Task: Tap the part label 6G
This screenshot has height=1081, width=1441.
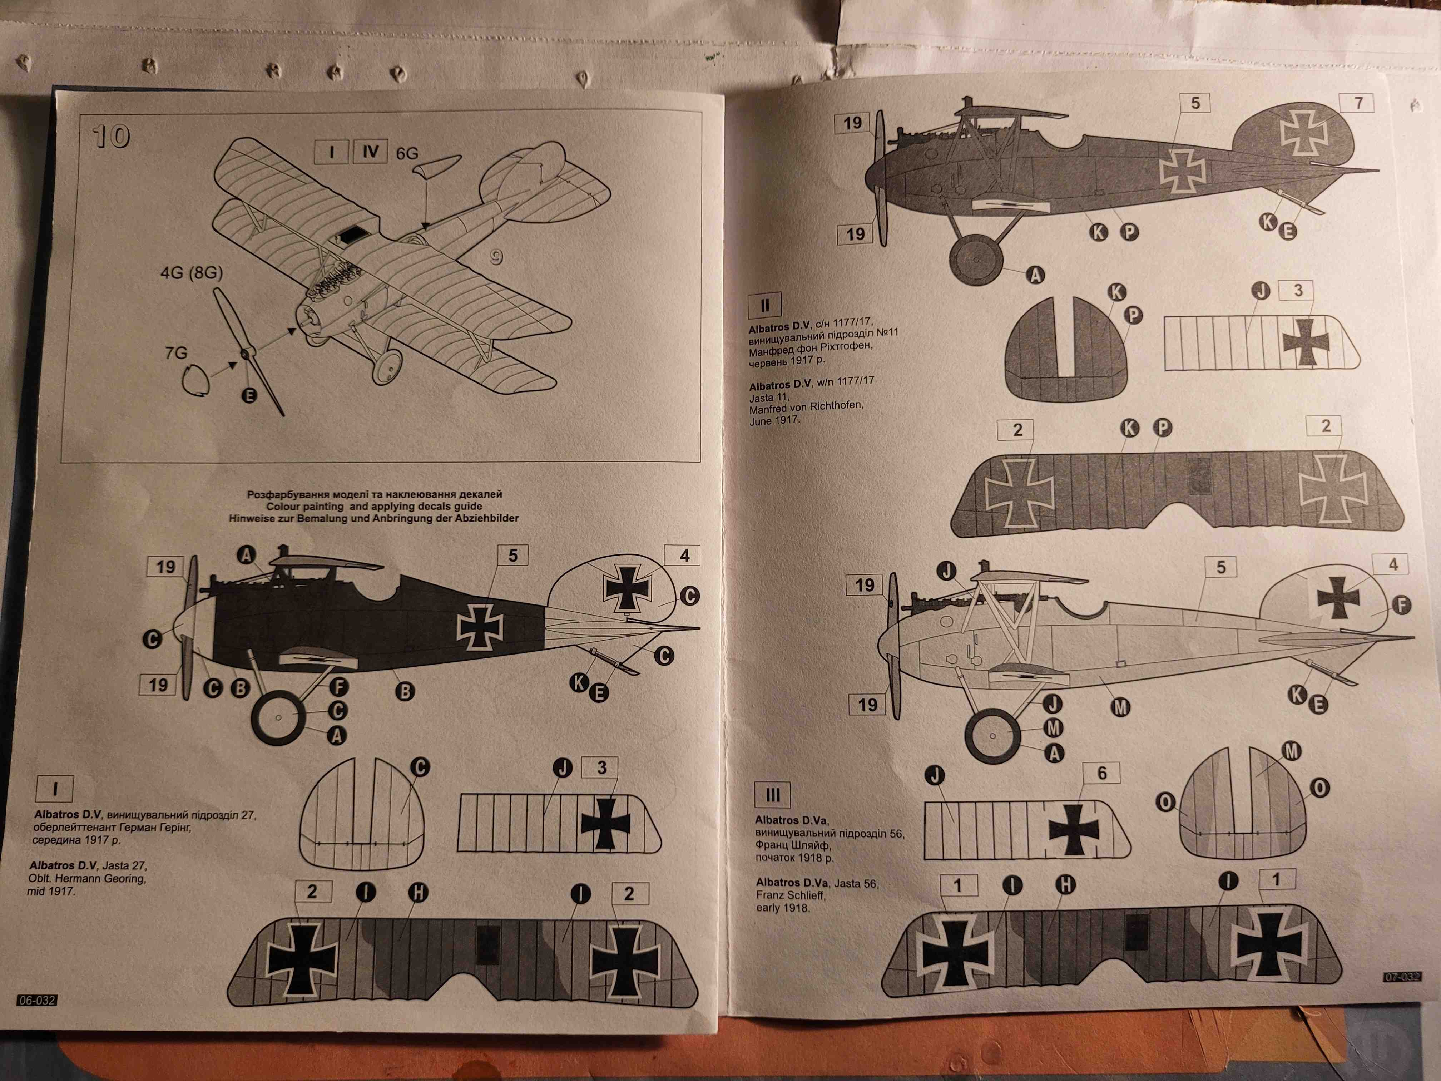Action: (407, 153)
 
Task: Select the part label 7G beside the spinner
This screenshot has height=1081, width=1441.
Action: (176, 353)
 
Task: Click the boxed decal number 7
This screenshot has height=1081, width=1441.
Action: (1358, 103)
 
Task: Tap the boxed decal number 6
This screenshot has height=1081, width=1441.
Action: (1101, 774)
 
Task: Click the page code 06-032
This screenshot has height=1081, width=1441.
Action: (37, 1000)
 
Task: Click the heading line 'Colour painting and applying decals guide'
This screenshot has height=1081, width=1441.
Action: (374, 506)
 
